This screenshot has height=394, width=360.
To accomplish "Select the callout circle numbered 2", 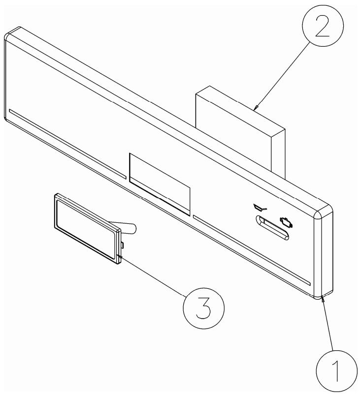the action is pos(323,26).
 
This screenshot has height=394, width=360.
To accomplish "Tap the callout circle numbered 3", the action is pos(203,308).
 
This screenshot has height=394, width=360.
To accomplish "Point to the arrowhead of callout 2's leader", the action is pos(256,108).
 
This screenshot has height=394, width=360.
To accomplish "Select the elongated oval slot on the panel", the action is pos(272,228).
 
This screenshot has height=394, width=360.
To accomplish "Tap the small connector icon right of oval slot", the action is pos(286,222).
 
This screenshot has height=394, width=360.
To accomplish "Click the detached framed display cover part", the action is pos(87,229).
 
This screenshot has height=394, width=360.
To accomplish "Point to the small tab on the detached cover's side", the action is pos(122,245).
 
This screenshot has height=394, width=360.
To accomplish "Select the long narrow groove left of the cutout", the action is pos(67,144).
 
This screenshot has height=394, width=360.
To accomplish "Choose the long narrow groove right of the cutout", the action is pos(252,250).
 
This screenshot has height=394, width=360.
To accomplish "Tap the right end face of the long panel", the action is pos(324,251).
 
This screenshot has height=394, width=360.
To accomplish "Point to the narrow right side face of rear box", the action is pos(278,154).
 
